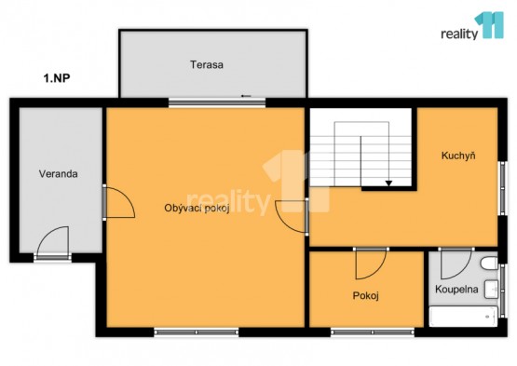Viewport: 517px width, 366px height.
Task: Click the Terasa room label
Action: pos(207,64)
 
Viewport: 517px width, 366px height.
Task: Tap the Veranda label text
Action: pos(59,174)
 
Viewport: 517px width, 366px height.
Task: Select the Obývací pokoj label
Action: pos(197,209)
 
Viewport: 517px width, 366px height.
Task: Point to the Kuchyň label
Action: pos(458,156)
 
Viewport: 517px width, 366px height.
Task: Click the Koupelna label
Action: pos(456,290)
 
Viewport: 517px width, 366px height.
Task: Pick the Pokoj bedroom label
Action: pos(366,296)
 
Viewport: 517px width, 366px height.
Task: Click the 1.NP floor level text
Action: pos(57,78)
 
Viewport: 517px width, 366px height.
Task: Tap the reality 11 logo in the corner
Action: pos(472,26)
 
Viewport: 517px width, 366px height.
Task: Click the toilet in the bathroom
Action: pos(489,264)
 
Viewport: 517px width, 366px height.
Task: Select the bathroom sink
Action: pos(491,290)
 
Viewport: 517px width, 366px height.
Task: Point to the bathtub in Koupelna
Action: pos(463,317)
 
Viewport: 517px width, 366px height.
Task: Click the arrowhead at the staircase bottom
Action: pos(388,183)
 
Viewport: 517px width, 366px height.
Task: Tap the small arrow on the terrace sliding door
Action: pos(246,96)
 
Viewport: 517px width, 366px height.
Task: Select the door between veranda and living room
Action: pos(118,203)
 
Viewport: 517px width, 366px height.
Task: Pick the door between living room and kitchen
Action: pos(292,216)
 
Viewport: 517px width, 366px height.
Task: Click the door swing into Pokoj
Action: pos(371,264)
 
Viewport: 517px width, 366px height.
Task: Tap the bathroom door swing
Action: pos(456,264)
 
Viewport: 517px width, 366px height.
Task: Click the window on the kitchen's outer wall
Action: pos(502,188)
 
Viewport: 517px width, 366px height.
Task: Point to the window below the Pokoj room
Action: pos(373,332)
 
